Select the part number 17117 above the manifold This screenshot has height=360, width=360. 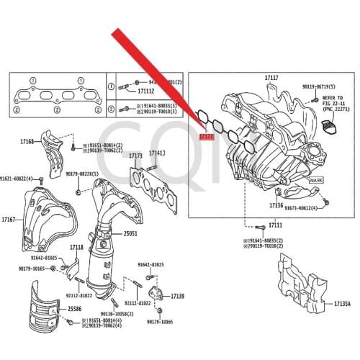[x=271, y=77]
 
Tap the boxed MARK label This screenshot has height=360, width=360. [x=316, y=180]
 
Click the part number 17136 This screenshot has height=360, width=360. [x=276, y=205]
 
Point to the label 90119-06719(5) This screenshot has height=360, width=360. [x=320, y=86]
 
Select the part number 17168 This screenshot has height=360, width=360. [x=27, y=143]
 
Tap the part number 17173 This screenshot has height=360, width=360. [x=135, y=156]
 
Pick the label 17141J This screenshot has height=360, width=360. [x=157, y=153]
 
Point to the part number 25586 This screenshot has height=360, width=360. [x=75, y=309]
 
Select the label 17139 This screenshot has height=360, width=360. [x=177, y=296]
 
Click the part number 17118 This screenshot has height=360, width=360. [x=76, y=247]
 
